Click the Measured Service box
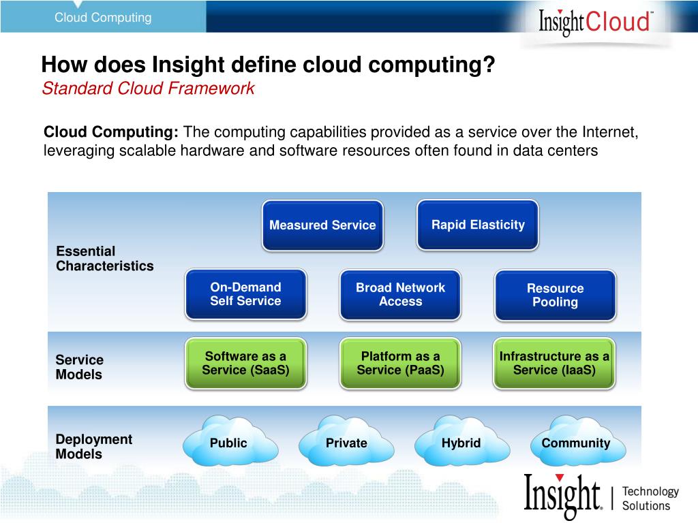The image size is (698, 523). (322, 225)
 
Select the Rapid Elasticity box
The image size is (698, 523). (478, 225)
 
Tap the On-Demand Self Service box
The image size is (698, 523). (245, 294)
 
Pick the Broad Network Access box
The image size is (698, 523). (400, 295)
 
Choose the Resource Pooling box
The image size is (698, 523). (555, 296)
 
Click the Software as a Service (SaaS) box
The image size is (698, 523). (245, 363)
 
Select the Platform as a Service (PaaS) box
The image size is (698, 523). (400, 363)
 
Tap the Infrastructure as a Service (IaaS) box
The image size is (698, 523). (554, 363)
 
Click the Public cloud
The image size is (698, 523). (229, 443)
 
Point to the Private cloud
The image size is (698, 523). (346, 443)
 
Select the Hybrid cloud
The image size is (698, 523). (461, 443)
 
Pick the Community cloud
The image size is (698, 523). (576, 443)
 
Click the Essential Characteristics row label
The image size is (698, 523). (105, 259)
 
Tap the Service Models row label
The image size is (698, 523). (79, 367)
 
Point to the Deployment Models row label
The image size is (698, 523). (94, 447)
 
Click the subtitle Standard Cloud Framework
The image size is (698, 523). (148, 89)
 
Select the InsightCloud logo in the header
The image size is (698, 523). (596, 21)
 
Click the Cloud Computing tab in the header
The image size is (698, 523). (103, 18)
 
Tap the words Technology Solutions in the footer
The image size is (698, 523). (650, 498)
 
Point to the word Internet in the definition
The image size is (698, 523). (609, 131)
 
